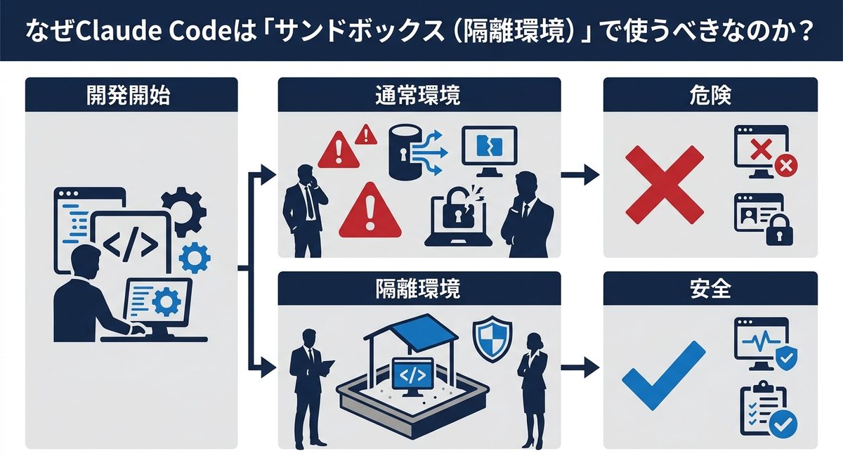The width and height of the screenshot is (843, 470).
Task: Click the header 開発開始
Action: (x=131, y=95)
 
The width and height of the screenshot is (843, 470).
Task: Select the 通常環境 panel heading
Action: (x=419, y=95)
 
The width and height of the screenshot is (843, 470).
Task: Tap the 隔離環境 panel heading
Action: (x=419, y=288)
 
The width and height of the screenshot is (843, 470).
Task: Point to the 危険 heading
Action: (x=710, y=95)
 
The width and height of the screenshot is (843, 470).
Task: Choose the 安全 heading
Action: (x=710, y=288)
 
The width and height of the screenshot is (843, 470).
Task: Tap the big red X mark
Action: (x=664, y=184)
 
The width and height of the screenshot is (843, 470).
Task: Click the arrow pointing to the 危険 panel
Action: (x=580, y=176)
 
